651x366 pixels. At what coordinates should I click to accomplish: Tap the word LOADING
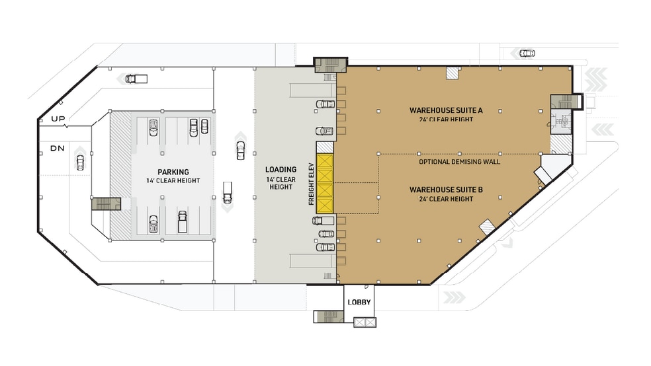[x=281, y=170]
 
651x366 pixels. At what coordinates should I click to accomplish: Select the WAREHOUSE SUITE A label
[x=445, y=110]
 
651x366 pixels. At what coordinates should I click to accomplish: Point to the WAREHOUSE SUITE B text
[x=445, y=190]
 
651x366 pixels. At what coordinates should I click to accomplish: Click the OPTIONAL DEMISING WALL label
[x=459, y=161]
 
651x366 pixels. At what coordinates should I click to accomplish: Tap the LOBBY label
[x=359, y=303]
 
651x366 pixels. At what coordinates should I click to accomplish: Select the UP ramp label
[x=58, y=119]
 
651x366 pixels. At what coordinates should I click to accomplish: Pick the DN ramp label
[x=58, y=148]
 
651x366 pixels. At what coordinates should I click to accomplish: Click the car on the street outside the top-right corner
[x=527, y=54]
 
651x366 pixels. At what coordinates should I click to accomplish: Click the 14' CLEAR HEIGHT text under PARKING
[x=173, y=181]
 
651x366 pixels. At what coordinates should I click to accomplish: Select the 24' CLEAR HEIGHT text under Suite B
[x=445, y=199]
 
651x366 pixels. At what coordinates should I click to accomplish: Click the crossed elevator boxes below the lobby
[x=365, y=322]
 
